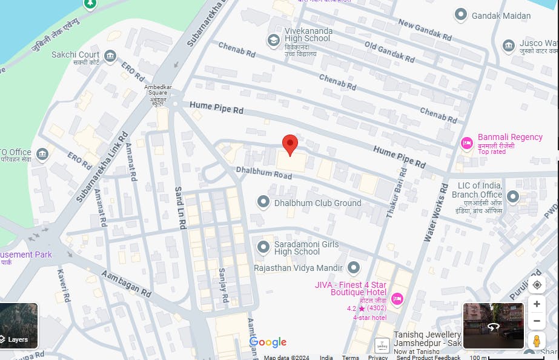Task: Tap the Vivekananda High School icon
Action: pos(273,40)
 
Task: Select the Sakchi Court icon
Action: pos(110,56)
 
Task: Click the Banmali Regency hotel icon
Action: pos(466,143)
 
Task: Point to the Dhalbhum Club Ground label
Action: pos(317,203)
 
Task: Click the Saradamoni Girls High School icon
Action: pos(263,247)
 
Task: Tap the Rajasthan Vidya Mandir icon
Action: pos(354,267)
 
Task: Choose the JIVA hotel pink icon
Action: pos(397,298)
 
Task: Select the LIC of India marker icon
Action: pos(513,196)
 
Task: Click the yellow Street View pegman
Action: pos(536,341)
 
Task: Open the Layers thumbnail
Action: pos(19,325)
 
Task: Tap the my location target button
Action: pos(536,285)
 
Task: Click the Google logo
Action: pos(268,342)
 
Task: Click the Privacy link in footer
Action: pos(377,358)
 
